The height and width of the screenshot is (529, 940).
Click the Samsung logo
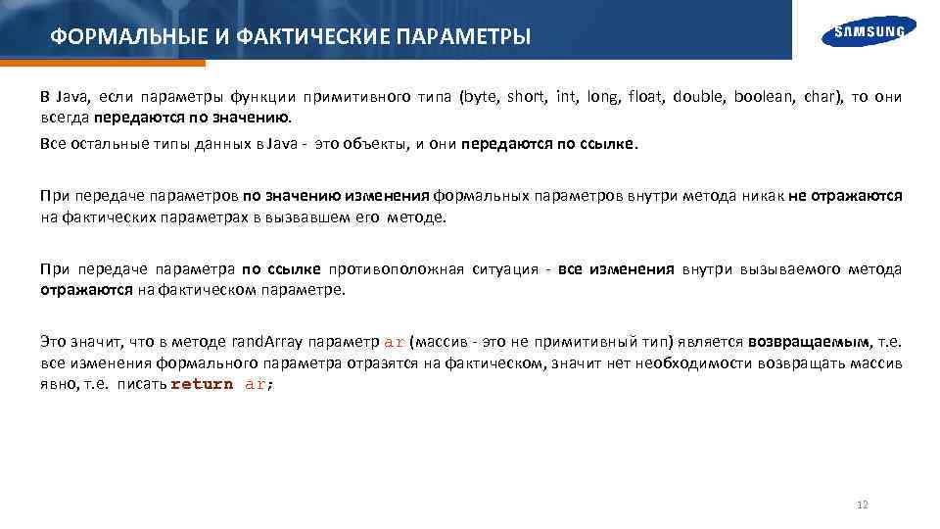[869, 32]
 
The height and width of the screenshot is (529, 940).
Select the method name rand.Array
[267, 342]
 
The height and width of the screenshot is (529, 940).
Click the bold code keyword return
[203, 384]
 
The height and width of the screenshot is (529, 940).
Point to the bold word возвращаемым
[809, 342]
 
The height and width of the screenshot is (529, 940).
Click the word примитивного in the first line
[345, 97]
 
